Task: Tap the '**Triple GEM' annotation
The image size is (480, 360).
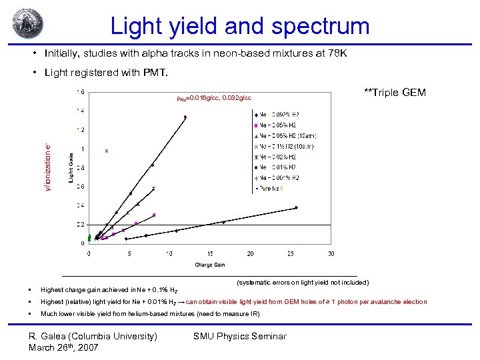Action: point(395,93)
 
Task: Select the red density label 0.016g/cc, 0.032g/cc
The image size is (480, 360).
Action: point(213,99)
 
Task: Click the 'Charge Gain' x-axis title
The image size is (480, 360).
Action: point(209,265)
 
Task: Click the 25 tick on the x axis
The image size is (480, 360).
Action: point(291,253)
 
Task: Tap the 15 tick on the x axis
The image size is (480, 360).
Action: point(210,253)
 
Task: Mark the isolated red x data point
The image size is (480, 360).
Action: point(107,151)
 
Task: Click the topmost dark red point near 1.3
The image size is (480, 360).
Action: point(185,117)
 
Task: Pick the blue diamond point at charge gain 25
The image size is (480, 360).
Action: point(296,207)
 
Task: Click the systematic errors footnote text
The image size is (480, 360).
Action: point(303,283)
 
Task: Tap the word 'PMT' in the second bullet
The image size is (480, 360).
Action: point(159,72)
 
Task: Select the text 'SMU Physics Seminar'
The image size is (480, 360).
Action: point(239,336)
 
